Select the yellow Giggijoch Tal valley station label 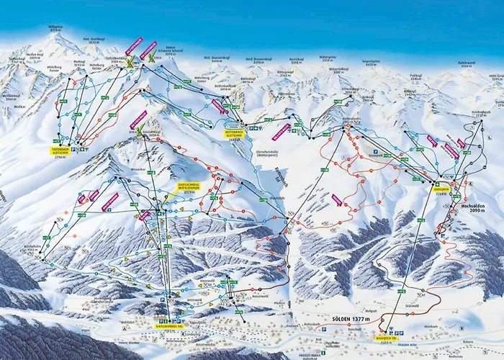coord(390,336)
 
